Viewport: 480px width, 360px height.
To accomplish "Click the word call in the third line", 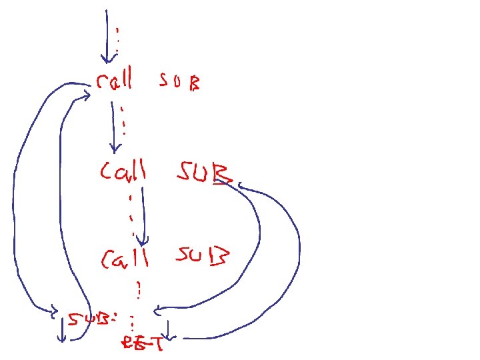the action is (x=125, y=258).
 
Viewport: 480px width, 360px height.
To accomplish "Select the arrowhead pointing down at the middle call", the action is (x=115, y=147).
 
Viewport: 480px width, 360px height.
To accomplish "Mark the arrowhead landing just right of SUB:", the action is (x=157, y=309).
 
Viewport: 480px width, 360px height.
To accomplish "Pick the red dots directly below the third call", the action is (x=139, y=290).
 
